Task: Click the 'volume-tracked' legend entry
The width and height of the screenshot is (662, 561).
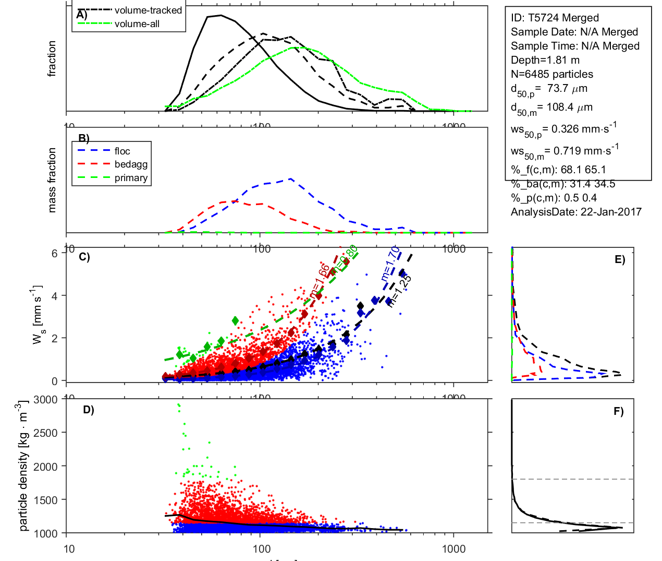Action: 148,10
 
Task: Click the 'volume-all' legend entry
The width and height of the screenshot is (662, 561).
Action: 137,24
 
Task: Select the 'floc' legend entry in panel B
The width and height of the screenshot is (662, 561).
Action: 122,151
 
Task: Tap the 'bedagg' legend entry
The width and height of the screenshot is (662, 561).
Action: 131,164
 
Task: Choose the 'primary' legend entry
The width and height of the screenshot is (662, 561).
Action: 131,178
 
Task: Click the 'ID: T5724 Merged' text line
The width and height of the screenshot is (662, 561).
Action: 555,18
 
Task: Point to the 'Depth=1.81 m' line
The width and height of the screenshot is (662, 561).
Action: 545,60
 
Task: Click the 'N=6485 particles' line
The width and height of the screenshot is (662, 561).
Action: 551,74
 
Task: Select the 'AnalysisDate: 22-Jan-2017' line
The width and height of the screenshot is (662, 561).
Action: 576,212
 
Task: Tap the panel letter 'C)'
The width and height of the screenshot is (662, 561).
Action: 84,257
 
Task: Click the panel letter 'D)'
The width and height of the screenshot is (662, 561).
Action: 89,410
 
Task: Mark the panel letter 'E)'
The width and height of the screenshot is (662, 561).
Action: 619,259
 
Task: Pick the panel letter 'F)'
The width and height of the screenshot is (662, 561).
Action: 618,412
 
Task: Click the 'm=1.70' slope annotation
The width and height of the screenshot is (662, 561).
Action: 390,264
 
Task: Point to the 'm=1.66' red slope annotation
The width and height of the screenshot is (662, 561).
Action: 320,282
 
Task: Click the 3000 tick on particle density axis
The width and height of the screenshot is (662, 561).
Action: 45,400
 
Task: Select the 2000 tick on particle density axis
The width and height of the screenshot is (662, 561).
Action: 45,467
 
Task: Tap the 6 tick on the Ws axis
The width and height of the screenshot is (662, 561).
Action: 55,254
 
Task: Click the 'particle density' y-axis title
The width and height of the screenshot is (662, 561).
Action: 23,466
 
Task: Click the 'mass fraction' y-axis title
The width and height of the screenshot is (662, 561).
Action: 52,180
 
